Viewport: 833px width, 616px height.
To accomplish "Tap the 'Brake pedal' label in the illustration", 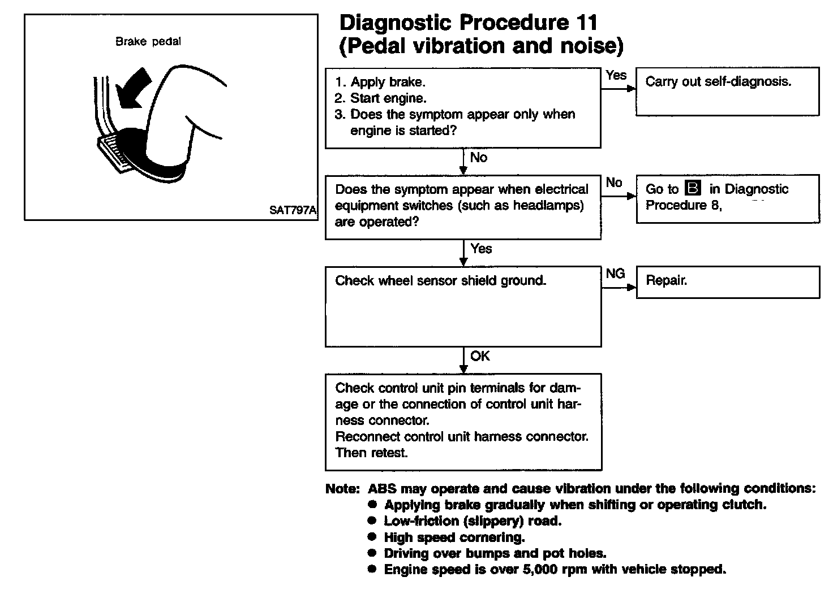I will coord(148,41).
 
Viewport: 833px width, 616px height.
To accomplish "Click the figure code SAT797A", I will coord(293,210).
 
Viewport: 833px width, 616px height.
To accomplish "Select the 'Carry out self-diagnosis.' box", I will coord(727,92).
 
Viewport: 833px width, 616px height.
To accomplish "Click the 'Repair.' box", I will coord(727,282).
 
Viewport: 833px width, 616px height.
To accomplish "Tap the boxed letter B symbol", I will coord(692,188).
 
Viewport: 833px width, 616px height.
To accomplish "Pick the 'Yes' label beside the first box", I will coord(616,75).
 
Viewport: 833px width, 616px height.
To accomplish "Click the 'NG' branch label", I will coord(615,274).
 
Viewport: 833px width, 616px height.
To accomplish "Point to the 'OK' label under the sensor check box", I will coord(480,356).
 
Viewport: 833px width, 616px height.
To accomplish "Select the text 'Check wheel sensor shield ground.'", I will coord(440,281).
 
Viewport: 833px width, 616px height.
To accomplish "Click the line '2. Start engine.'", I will coord(380,98).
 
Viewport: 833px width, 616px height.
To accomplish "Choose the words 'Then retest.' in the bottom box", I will coord(371,453).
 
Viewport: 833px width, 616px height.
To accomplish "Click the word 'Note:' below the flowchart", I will coord(342,489).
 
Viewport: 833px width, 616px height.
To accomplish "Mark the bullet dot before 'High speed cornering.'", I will coord(372,536).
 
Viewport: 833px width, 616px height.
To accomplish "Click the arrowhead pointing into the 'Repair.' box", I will coord(632,288).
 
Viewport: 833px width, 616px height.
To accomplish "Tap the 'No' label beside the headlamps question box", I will coord(613,183).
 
